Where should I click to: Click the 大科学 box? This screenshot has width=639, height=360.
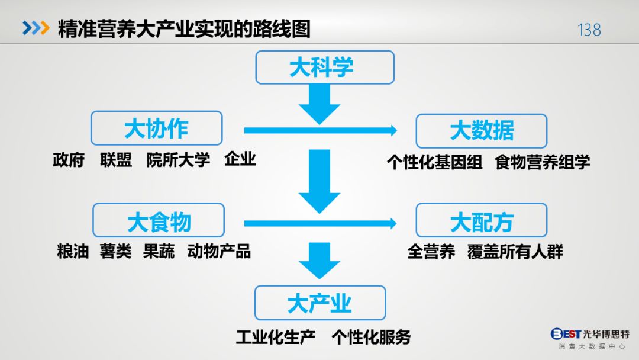325,67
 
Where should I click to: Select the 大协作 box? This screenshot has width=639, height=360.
156,128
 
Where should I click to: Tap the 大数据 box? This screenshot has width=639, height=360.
481,131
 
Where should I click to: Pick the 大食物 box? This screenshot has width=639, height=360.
159,220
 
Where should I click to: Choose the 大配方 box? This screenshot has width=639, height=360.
481,220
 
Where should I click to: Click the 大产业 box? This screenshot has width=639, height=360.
320,303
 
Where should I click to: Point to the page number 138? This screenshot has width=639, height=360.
589,30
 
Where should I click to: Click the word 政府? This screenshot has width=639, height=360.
69,160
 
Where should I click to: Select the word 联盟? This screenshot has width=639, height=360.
116,160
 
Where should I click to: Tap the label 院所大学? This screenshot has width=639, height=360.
179,160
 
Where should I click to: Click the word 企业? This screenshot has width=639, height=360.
240,159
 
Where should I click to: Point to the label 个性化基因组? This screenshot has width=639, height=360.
434,162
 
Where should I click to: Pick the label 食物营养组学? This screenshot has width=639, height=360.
543,162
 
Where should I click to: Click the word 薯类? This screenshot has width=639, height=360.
116,251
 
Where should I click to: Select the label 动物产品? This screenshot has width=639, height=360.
219,251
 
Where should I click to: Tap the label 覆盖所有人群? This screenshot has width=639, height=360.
515,252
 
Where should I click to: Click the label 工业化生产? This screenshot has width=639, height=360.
276,337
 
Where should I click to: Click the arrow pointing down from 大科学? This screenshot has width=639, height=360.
319,104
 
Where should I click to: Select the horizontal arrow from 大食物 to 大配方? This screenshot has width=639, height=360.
320,223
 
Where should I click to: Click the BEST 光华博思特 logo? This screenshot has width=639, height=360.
590,339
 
